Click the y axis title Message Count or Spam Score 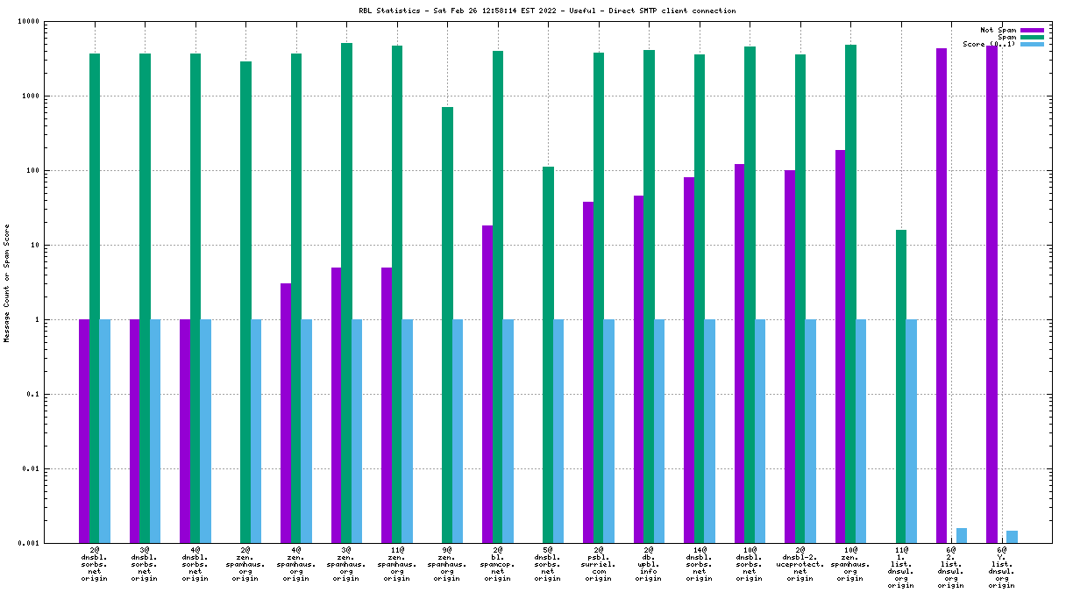pos(7,282)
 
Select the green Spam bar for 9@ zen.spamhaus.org pos(447,325)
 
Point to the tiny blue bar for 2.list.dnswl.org pos(962,535)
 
